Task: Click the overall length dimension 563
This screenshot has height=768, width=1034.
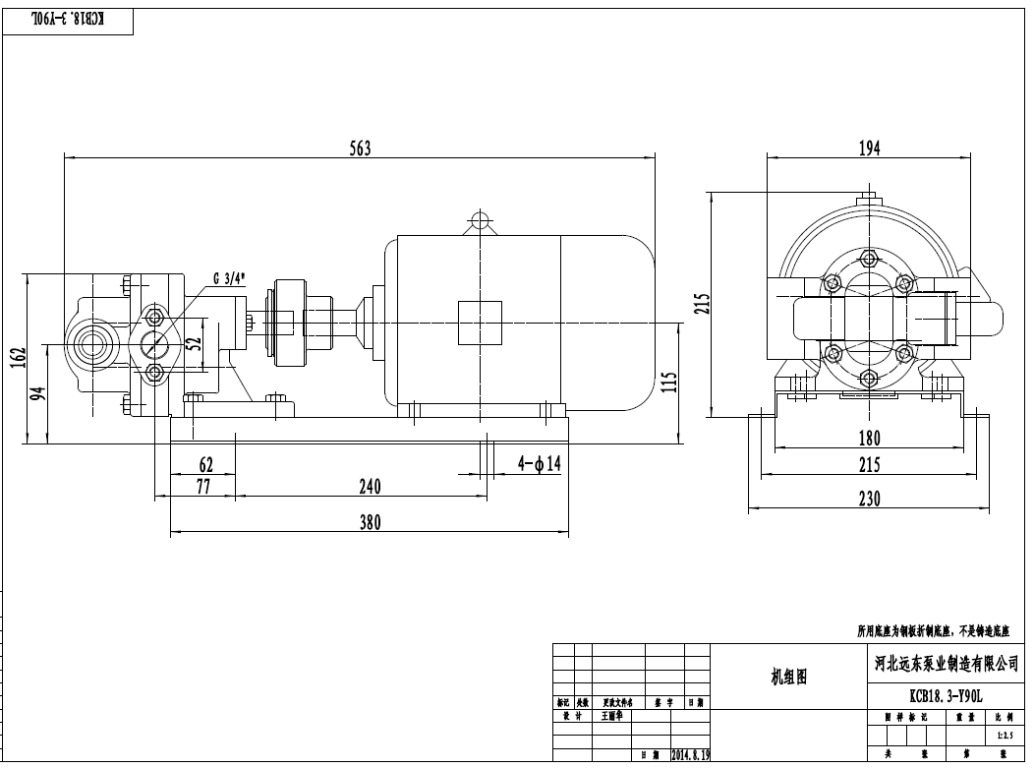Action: [361, 148]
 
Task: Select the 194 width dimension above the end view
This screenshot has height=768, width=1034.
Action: [869, 148]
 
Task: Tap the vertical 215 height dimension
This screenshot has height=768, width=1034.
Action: [701, 303]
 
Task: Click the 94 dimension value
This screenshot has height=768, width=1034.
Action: [38, 395]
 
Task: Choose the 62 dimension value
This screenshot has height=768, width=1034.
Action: [205, 463]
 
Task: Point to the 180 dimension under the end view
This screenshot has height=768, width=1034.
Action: [869, 438]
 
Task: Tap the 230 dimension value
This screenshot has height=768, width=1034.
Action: [869, 499]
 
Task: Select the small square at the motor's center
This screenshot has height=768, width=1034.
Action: [480, 324]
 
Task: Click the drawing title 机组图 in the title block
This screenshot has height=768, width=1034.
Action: [788, 678]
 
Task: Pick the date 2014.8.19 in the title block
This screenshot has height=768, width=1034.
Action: [690, 755]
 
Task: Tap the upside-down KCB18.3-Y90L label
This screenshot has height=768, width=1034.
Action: [68, 20]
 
